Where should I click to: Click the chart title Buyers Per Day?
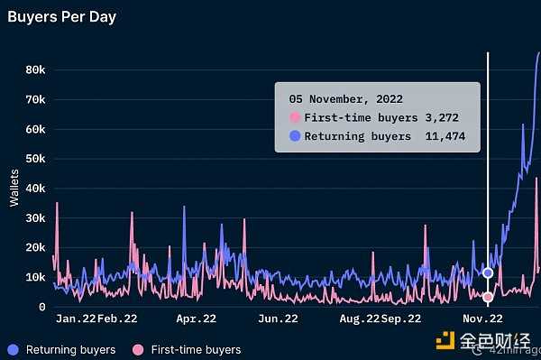(x=61, y=16)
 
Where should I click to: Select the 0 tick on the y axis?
(x=41, y=307)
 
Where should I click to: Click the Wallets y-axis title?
(x=14, y=187)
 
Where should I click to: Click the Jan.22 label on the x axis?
(x=75, y=318)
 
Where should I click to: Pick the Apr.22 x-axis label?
(x=196, y=318)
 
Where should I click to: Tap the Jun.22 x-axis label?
(x=278, y=318)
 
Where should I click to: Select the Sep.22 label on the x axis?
(x=401, y=318)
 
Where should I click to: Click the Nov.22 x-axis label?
(x=482, y=318)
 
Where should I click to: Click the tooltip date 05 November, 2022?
(x=345, y=99)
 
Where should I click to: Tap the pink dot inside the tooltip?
(x=294, y=118)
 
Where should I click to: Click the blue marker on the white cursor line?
(x=488, y=272)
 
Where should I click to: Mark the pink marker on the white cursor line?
(x=488, y=297)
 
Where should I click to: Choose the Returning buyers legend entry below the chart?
(x=61, y=349)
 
